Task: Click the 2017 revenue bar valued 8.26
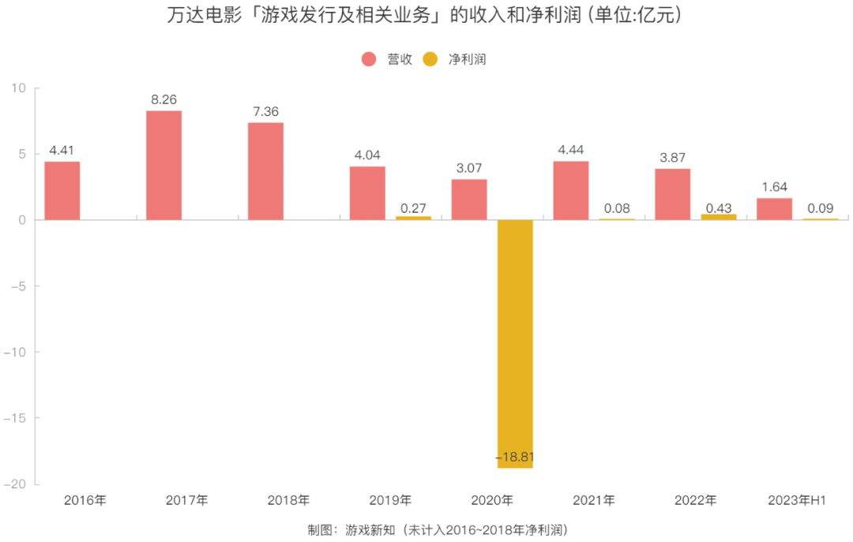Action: pos(163,165)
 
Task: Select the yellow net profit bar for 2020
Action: pos(515,343)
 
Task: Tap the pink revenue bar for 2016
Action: pos(62,190)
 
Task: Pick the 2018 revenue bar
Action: pos(265,170)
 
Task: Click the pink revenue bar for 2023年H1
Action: pos(774,209)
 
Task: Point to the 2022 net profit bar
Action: pos(718,217)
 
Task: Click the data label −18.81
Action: pos(515,457)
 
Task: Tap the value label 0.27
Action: pos(413,207)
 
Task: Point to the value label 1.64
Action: pos(774,187)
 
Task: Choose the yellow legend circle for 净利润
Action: pos(430,59)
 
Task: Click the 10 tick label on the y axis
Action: pos(21,88)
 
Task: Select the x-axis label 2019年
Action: pos(390,500)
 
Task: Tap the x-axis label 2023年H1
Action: pos(796,500)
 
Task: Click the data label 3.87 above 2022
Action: pos(672,158)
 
